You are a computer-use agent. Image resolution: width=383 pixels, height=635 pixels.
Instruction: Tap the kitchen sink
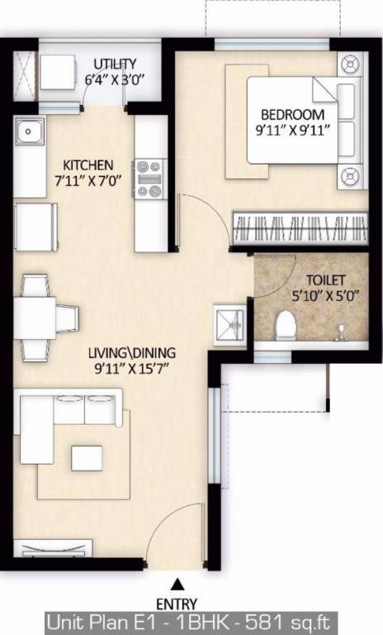coord(31,130)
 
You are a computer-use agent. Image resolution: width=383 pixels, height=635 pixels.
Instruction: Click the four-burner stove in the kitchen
coord(149,178)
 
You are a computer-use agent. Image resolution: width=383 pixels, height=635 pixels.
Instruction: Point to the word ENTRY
coord(177,604)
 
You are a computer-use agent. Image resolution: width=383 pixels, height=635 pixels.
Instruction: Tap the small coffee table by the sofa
coord(87,457)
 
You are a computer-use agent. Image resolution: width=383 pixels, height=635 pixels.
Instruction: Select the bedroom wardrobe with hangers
coord(299,226)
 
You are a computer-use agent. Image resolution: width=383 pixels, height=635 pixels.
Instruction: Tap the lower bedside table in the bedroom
coord(352,176)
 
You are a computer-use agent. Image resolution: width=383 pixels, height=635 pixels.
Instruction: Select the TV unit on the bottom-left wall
coord(42,549)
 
